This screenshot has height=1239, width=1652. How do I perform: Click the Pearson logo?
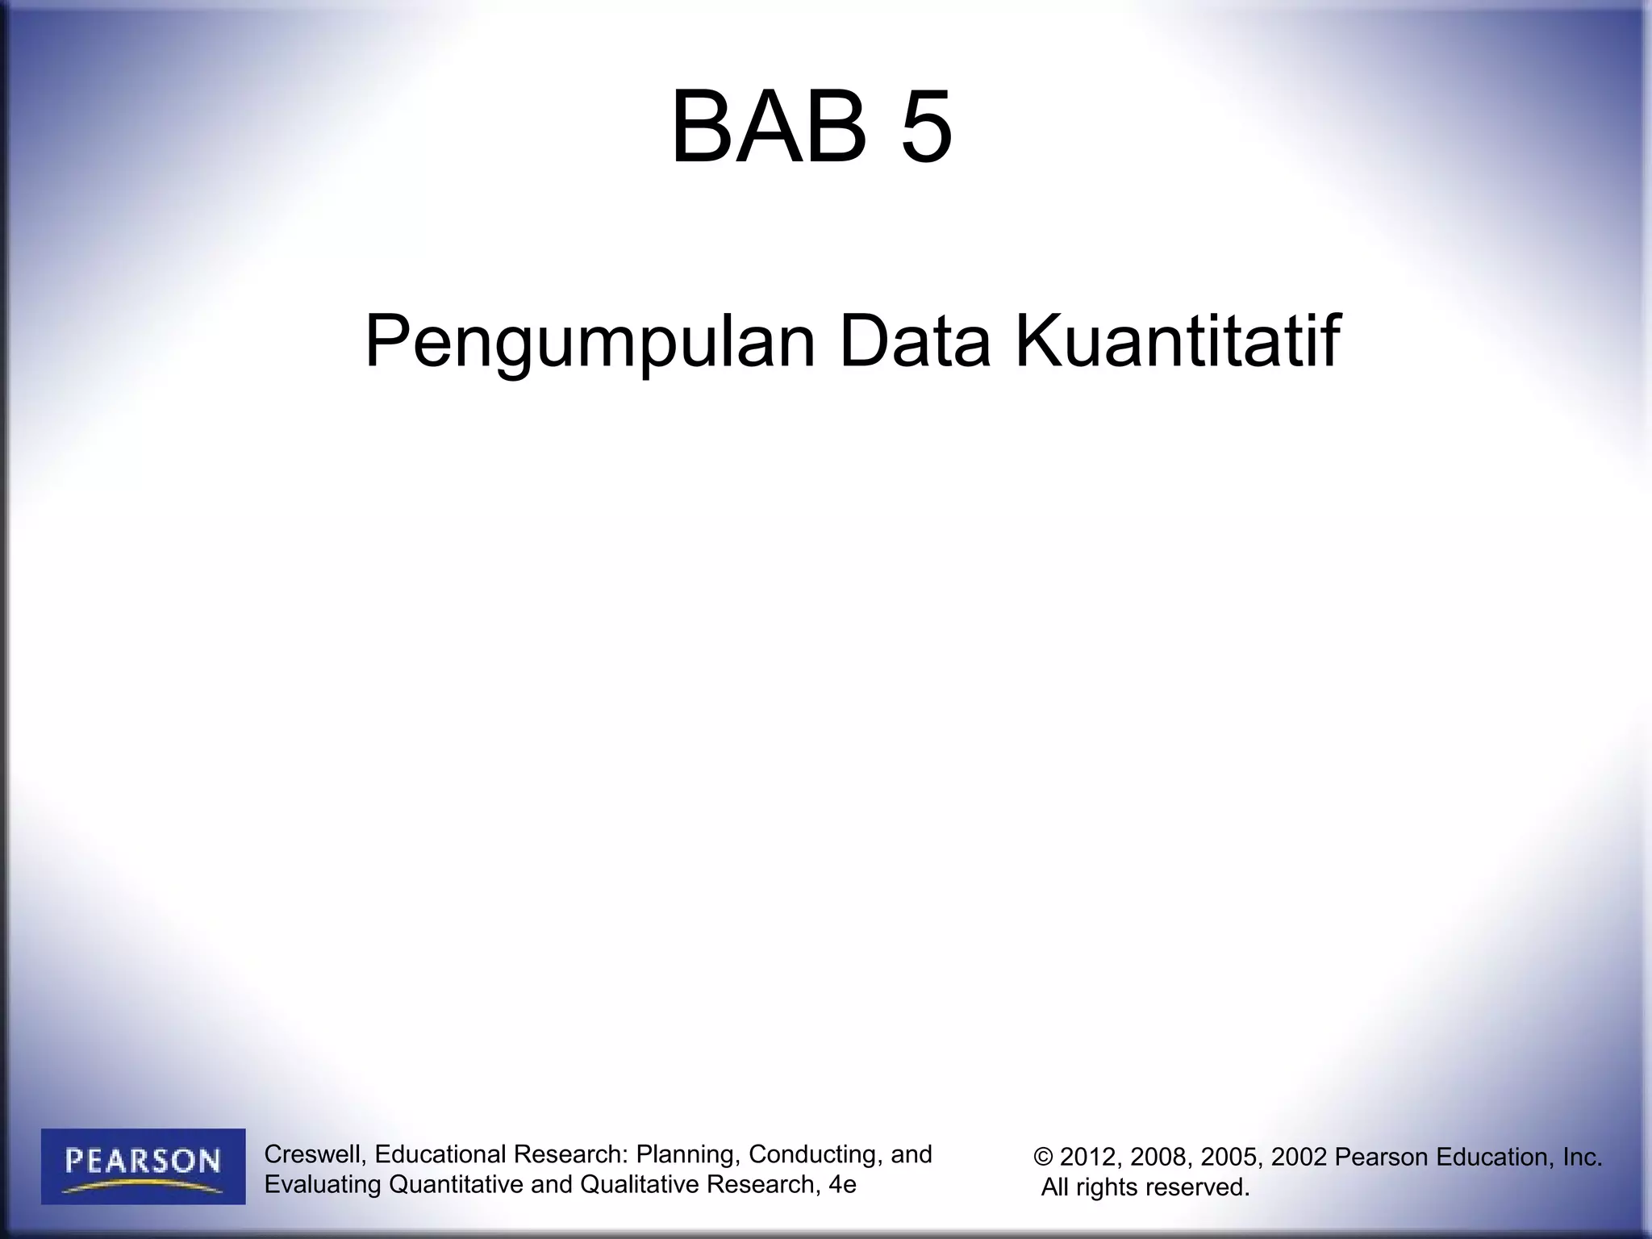pos(144,1166)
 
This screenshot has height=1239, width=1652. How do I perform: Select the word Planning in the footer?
pos(685,1154)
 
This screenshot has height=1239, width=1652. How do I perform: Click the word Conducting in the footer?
pos(816,1154)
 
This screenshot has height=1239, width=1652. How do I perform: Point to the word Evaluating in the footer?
pos(323,1184)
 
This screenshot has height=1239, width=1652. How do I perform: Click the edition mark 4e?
pos(842,1184)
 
